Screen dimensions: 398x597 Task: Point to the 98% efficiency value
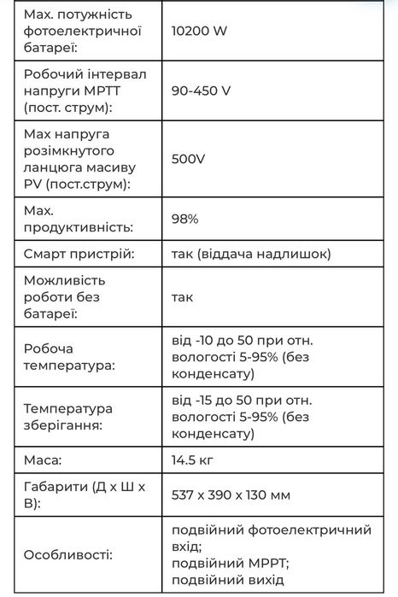pos(185,219)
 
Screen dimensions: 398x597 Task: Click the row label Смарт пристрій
pos(79,254)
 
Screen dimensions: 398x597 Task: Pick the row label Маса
pos(43,460)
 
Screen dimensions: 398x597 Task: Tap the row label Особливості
pos(67,555)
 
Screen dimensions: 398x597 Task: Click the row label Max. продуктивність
pos(79,219)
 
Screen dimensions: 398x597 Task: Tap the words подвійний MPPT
pos(231,563)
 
